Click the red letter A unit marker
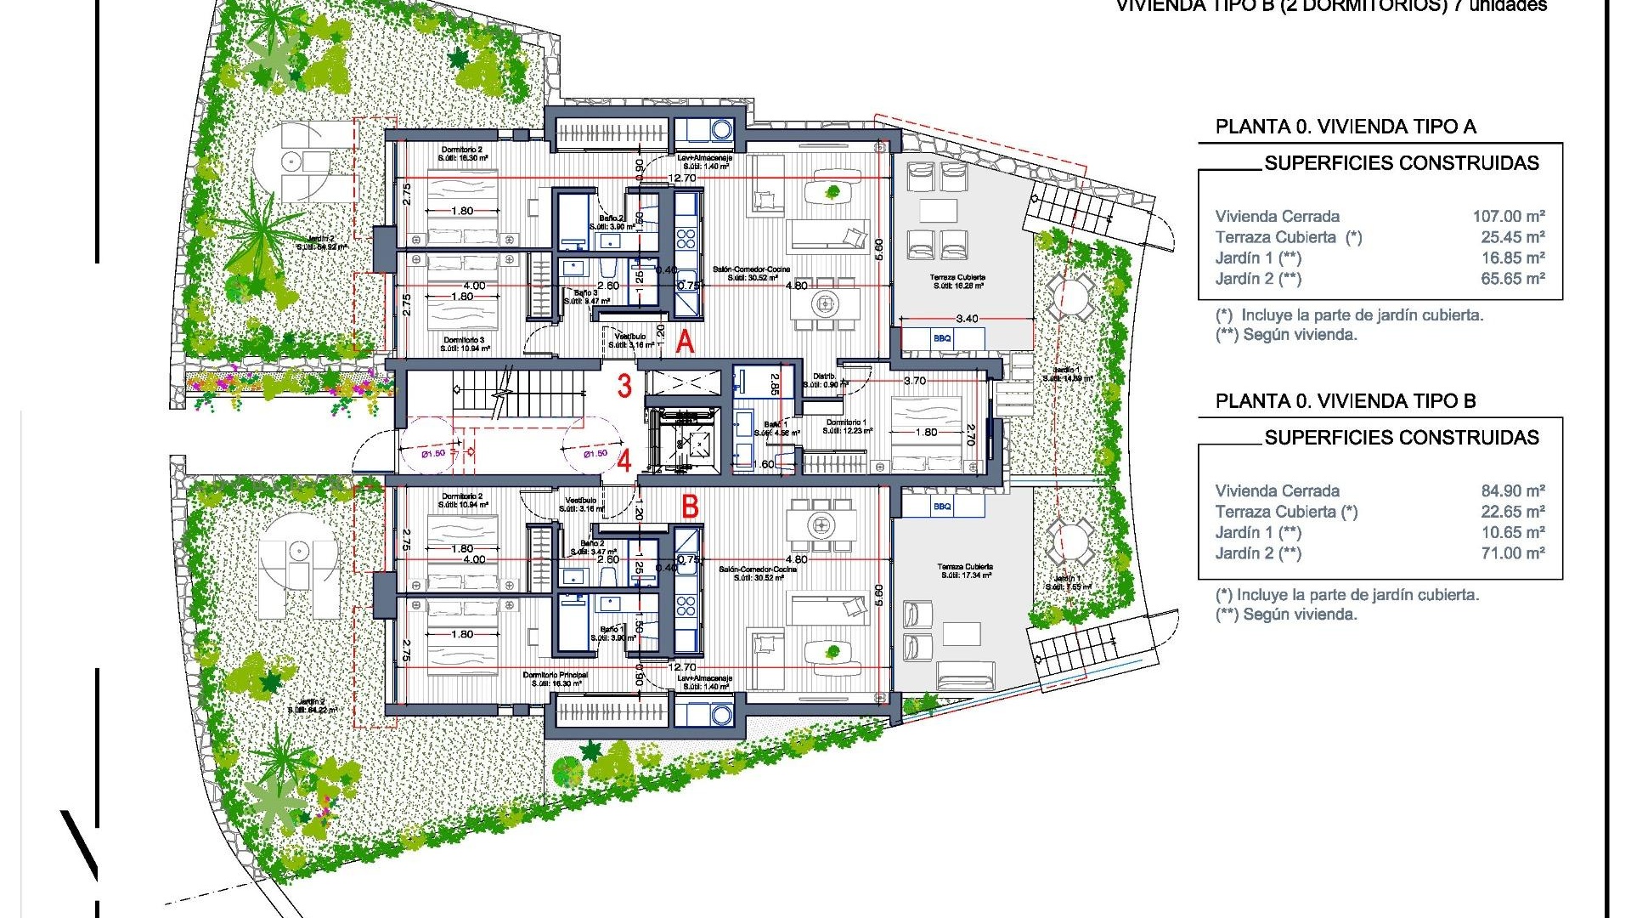pyautogui.click(x=685, y=343)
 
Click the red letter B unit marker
pyautogui.click(x=691, y=507)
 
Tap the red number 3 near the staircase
pyautogui.click(x=624, y=386)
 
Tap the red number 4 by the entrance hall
pyautogui.click(x=624, y=462)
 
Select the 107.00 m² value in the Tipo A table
pyautogui.click(x=1508, y=217)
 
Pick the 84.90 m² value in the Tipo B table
pyautogui.click(x=1512, y=491)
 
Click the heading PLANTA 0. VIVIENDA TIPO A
pyautogui.click(x=1346, y=127)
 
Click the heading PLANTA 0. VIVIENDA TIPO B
pyautogui.click(x=1346, y=401)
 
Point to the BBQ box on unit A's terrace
pyautogui.click(x=942, y=338)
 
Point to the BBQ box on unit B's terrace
pyautogui.click(x=942, y=507)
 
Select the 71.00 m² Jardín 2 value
pyautogui.click(x=1512, y=553)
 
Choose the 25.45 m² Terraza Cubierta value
pyautogui.click(x=1512, y=237)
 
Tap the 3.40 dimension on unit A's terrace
pyautogui.click(x=967, y=319)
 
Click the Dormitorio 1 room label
pyautogui.click(x=847, y=422)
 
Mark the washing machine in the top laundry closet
pyautogui.click(x=721, y=130)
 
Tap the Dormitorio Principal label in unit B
pyautogui.click(x=556, y=678)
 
